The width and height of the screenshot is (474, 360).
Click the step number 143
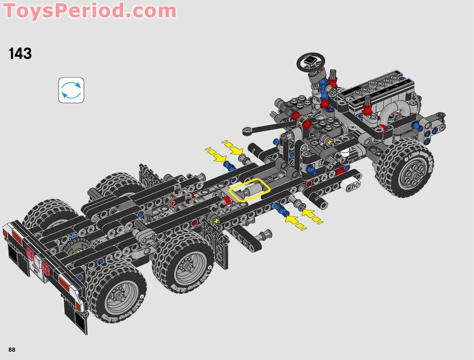[x=20, y=54]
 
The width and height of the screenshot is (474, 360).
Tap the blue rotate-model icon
[x=71, y=90]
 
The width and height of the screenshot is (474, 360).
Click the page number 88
[x=12, y=350]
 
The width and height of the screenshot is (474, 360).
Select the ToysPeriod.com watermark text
[x=90, y=10]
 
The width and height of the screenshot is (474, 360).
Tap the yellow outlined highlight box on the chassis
[x=249, y=190]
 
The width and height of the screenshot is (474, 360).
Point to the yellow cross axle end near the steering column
[x=329, y=142]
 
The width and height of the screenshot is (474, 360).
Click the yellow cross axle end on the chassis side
[x=216, y=221]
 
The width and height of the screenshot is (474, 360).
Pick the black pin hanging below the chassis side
[x=264, y=236]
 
